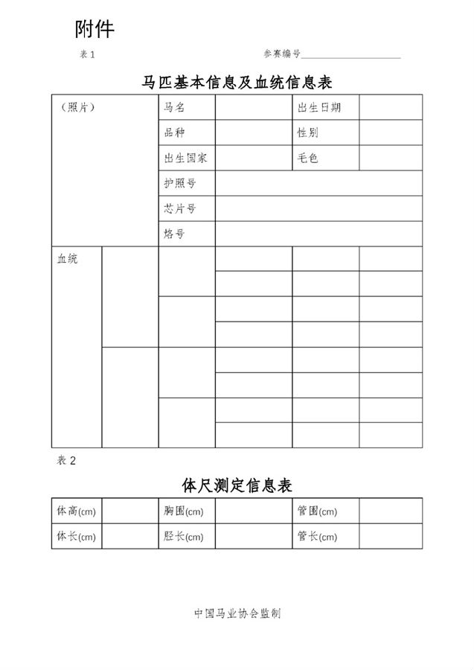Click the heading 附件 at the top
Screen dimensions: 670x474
tap(95, 29)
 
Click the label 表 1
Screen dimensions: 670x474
tap(87, 54)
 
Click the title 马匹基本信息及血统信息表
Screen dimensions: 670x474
tap(237, 81)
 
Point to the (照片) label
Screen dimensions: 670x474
tap(77, 107)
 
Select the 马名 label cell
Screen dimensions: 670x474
tap(175, 107)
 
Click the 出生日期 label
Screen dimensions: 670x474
tap(319, 107)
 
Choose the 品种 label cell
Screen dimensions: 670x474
tap(175, 133)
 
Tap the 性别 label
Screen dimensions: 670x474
tap(308, 133)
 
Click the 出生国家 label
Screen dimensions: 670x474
tap(186, 158)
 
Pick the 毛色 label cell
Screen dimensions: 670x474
tap(308, 158)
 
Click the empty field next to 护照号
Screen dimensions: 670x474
tap(318, 183)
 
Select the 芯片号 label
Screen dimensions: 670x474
tap(180, 208)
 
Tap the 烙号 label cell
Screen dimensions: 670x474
tap(175, 234)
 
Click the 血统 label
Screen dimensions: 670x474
tap(68, 259)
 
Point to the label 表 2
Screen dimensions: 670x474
tap(67, 460)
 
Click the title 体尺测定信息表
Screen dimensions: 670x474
tap(237, 485)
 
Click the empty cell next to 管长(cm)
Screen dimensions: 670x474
tap(390, 536)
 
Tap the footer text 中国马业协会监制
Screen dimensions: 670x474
tap(237, 613)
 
